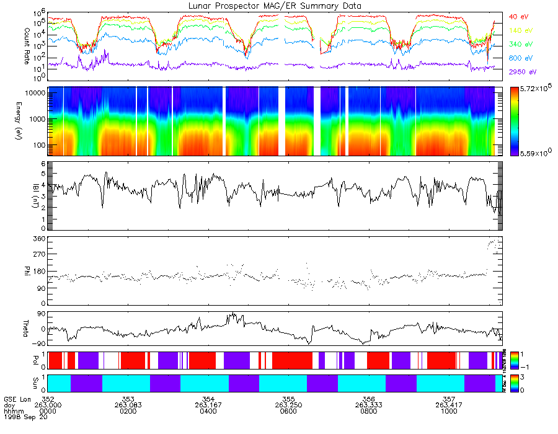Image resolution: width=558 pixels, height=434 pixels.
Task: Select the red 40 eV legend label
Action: pyautogui.click(x=517, y=16)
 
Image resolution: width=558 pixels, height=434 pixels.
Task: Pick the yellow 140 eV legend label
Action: pyautogui.click(x=519, y=30)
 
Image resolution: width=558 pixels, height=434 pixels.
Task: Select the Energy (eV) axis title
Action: pyautogui.click(x=10, y=121)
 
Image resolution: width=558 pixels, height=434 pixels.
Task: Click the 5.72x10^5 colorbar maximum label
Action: pyautogui.click(x=535, y=90)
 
